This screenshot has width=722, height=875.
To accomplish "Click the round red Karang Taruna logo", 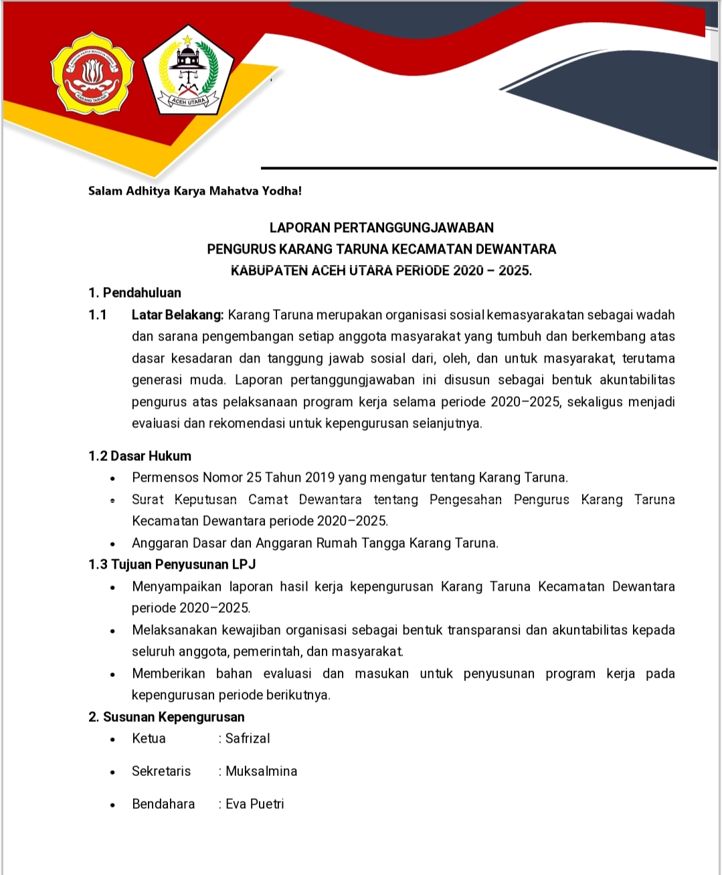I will pos(92,75).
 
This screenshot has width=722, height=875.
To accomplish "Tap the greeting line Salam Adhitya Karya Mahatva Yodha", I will pos(195,191).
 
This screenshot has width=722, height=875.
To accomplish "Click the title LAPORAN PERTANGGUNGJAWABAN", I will pos(381,227).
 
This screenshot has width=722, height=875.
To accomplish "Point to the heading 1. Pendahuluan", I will pos(134,292).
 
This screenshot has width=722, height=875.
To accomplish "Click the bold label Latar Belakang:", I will pos(177,314).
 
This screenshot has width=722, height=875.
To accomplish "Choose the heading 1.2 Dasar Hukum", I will pos(140,456).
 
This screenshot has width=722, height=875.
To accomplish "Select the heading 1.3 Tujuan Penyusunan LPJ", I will pos(172,565).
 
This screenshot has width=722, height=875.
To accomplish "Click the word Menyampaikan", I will pos(177,587).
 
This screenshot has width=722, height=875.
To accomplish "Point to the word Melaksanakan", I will pos(175,630).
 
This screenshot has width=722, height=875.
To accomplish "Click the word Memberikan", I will pos(169,674).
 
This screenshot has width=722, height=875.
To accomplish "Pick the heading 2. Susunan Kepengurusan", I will pos(167,717).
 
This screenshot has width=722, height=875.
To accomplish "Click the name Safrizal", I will pos(248,739).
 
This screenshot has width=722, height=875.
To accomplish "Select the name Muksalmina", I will pos(261,771).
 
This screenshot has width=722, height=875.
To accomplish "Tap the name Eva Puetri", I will pos(254,804).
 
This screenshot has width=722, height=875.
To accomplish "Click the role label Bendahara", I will pos(163,804).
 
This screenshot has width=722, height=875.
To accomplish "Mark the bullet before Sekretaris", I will pos(113,772).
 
